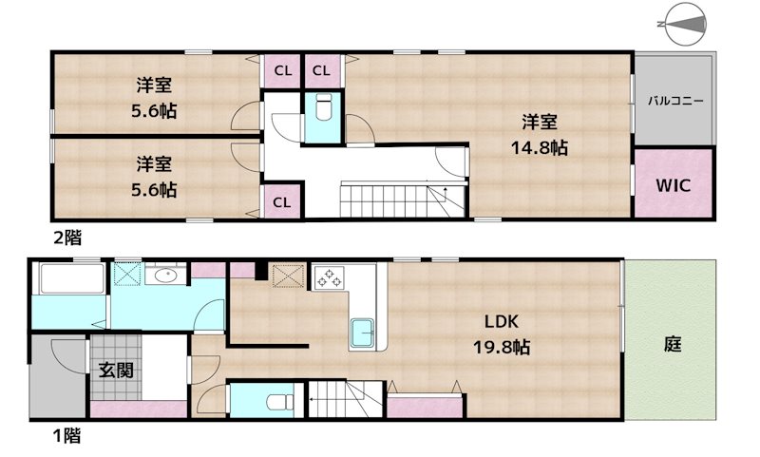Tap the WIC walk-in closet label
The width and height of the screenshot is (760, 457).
point(672,182)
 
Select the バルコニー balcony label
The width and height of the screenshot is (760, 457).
point(675,101)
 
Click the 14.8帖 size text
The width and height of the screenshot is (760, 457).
point(541,148)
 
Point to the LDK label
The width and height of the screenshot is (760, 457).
point(502,321)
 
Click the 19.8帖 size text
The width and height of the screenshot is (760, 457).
point(502,348)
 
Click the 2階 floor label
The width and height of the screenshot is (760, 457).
point(66,238)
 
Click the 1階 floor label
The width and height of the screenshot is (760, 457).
point(66,437)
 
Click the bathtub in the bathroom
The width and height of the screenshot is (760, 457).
point(69,279)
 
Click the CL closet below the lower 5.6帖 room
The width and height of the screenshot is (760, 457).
point(282,201)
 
